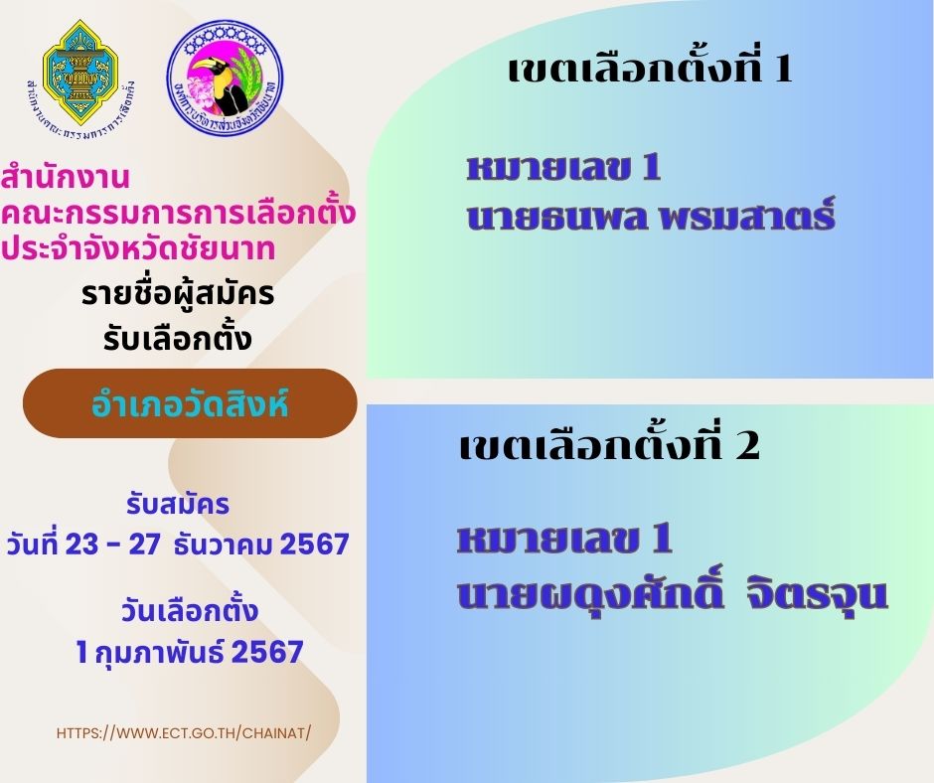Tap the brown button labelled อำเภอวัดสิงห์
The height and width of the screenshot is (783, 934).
[x=190, y=403]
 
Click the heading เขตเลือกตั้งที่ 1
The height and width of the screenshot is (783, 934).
[x=650, y=69]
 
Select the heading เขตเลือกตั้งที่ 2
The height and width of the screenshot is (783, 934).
[x=609, y=444]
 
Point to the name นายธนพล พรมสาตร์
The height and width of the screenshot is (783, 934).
[x=651, y=215]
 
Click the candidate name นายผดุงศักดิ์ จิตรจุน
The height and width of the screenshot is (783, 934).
[x=673, y=590]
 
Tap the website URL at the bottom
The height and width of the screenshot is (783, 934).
[x=184, y=733]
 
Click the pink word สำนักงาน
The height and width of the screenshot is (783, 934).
[x=65, y=177]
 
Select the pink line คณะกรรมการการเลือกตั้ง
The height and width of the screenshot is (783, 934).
[x=178, y=212]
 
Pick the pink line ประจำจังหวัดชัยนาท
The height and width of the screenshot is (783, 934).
[x=137, y=247]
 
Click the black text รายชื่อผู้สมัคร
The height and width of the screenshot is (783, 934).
[x=178, y=294]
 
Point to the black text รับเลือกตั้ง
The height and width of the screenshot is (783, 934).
[x=178, y=337]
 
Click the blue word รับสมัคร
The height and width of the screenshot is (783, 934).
[x=178, y=504]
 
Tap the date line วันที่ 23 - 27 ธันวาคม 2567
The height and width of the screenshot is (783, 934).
[x=178, y=545]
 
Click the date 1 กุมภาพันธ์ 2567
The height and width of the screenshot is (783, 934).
[x=190, y=651]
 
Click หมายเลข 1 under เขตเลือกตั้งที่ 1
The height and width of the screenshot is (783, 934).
[x=564, y=167]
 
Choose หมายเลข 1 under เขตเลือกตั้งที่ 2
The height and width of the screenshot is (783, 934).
[x=564, y=539]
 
